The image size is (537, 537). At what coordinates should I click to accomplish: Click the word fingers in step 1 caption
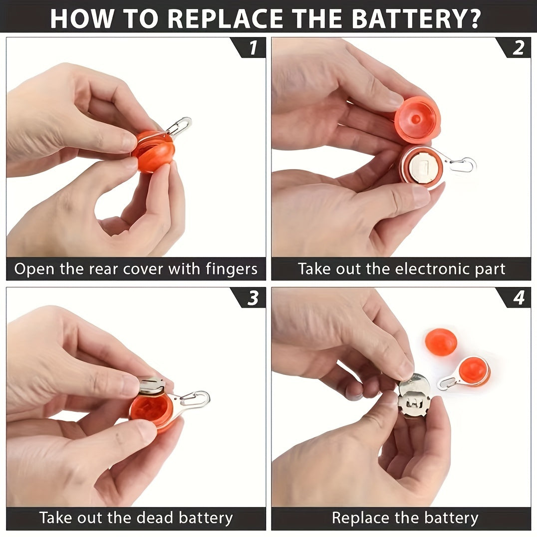point(231,269)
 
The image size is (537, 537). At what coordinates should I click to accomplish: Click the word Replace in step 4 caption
point(360,518)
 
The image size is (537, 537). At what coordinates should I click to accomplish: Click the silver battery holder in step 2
point(423,167)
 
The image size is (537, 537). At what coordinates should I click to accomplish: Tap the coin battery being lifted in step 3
point(152,385)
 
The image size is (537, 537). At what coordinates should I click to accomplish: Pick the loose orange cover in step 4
point(441,342)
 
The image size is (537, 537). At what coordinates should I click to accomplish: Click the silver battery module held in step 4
point(414,396)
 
